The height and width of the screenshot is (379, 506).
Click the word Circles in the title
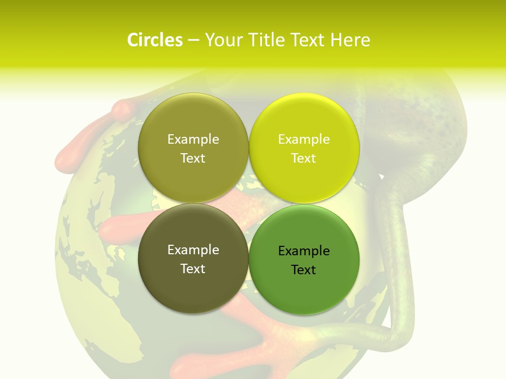(x=154, y=40)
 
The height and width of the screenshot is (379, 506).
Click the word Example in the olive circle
(x=193, y=139)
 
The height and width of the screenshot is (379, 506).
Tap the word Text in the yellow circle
(x=304, y=158)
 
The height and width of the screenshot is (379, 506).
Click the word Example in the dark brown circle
(x=193, y=250)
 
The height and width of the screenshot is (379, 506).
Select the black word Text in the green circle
(x=304, y=270)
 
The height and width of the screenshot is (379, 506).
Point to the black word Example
(x=304, y=251)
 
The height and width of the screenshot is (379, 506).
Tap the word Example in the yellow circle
(x=304, y=139)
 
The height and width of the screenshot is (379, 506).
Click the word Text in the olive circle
(x=193, y=158)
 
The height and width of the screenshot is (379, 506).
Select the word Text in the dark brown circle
(x=193, y=269)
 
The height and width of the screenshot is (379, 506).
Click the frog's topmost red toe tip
(x=122, y=108)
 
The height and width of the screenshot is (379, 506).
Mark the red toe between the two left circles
(x=119, y=227)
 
